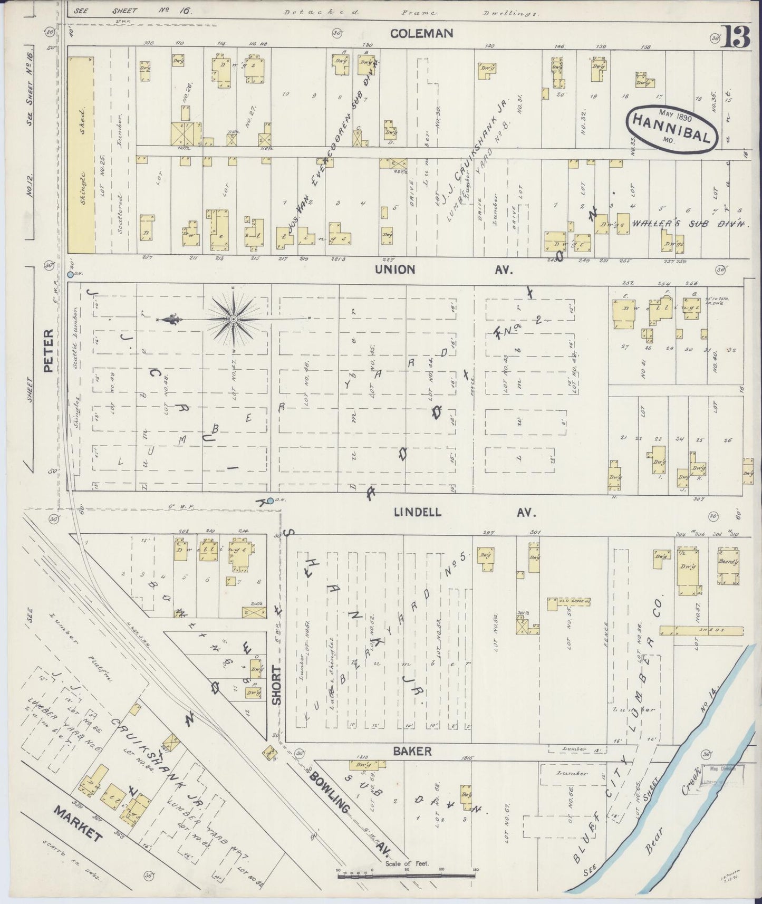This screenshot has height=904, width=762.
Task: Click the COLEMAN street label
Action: coord(421,34)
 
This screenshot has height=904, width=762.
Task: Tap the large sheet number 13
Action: coord(737,37)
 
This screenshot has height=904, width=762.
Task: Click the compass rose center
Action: coord(233,319)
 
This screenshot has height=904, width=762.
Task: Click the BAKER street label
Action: coord(413,751)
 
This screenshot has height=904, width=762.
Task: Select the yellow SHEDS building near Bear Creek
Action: coord(701,630)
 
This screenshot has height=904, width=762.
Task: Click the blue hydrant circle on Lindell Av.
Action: coord(270,501)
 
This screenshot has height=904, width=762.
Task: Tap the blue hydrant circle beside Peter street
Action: coord(70,275)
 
